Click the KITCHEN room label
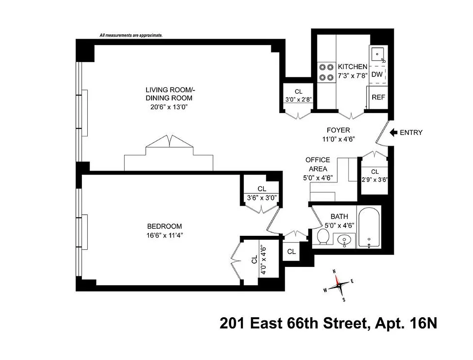(353, 67)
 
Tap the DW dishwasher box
(377, 74)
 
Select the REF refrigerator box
(378, 97)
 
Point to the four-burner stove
(325, 72)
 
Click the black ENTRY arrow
(394, 132)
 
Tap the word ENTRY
(411, 132)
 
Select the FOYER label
(338, 130)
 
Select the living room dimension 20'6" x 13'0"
(169, 107)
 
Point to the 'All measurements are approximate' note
(131, 35)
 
